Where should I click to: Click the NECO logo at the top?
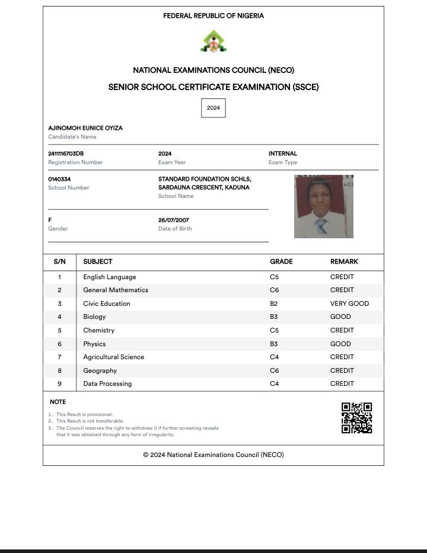pyautogui.click(x=213, y=41)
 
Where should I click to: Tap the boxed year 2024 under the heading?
pyautogui.click(x=213, y=108)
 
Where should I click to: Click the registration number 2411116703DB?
pyautogui.click(x=66, y=154)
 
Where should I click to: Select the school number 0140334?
pyautogui.click(x=59, y=179)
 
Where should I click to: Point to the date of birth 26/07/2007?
pyautogui.click(x=174, y=220)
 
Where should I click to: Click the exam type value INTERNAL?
pyautogui.click(x=283, y=154)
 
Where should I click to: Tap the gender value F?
pyautogui.click(x=50, y=220)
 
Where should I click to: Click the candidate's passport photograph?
pyautogui.click(x=324, y=206)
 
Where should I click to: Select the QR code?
pyautogui.click(x=356, y=418)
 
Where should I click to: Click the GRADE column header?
pyautogui.click(x=281, y=261)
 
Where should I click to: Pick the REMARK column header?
pyautogui.click(x=344, y=261)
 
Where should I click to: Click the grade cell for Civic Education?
pyautogui.click(x=274, y=303)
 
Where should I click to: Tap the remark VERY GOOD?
pyautogui.click(x=349, y=303)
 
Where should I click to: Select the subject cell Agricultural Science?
pyautogui.click(x=113, y=357)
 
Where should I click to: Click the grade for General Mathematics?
pyautogui.click(x=274, y=290)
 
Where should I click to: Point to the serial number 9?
pyautogui.click(x=59, y=383)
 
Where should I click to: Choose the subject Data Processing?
pyautogui.click(x=107, y=383)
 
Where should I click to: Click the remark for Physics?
pyautogui.click(x=340, y=344)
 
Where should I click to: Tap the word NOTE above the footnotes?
pyautogui.click(x=58, y=402)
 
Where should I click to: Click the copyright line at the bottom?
pyautogui.click(x=213, y=455)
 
